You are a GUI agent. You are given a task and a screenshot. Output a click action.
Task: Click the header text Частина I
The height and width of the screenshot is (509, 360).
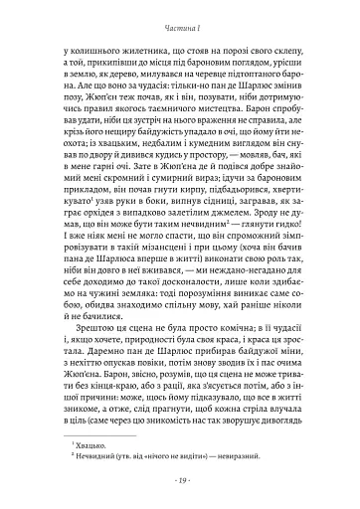tap(179, 17)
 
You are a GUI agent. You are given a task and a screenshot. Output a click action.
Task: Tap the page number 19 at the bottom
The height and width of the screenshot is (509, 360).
tap(179, 480)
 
